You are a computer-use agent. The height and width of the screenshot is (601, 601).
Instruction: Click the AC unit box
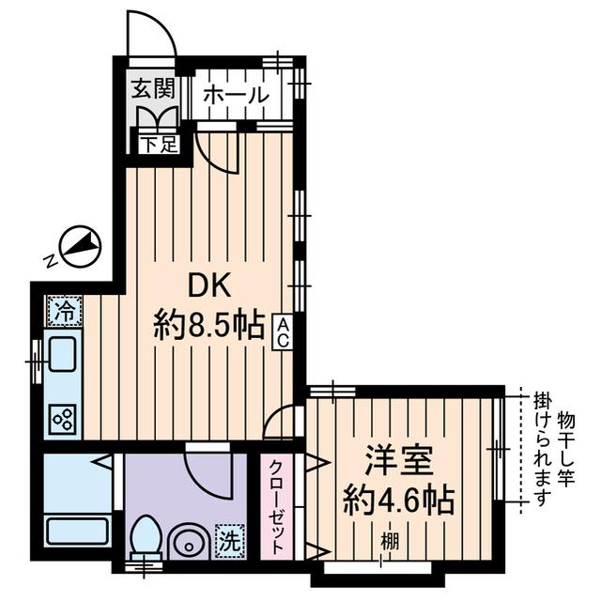(x=281, y=332)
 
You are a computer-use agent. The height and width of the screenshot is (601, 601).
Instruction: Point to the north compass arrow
(x=81, y=245)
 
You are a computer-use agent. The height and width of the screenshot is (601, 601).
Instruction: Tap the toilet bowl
(x=145, y=538)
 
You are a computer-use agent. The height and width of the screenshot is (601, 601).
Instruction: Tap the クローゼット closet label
(x=278, y=507)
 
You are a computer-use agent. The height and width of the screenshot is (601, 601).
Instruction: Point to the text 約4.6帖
(x=398, y=500)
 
